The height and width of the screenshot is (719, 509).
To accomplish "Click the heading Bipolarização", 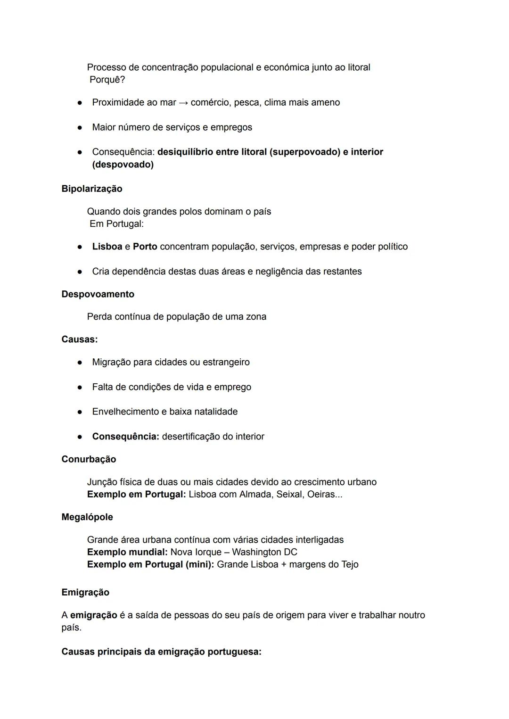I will pyautogui.click(x=91, y=189).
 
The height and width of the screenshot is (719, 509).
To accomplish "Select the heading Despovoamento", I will pyautogui.click(x=98, y=294).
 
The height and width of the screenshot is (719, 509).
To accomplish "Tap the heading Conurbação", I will pyautogui.click(x=89, y=459).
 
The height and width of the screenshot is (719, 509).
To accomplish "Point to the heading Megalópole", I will pyautogui.click(x=87, y=517).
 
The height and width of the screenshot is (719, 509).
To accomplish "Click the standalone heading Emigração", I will pyautogui.click(x=85, y=593).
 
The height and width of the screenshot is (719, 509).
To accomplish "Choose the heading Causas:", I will pyautogui.click(x=80, y=339).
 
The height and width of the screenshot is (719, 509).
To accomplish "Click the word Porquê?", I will pyautogui.click(x=107, y=80).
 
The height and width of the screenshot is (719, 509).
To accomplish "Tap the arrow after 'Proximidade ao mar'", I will pyautogui.click(x=183, y=103).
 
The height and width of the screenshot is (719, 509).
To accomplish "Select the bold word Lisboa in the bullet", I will pyautogui.click(x=107, y=247).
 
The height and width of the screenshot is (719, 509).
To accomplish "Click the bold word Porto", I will pyautogui.click(x=145, y=247).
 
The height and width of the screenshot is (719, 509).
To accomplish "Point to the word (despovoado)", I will pyautogui.click(x=123, y=165).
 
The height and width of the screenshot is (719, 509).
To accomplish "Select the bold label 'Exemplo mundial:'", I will pyautogui.click(x=127, y=552).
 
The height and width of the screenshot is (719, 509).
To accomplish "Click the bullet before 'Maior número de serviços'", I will pyautogui.click(x=80, y=128).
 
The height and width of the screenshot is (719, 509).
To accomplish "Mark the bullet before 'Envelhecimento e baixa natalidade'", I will pyautogui.click(x=80, y=412).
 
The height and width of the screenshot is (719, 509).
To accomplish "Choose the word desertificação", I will pyautogui.click(x=190, y=437).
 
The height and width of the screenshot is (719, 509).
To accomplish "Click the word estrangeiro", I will pyautogui.click(x=226, y=362).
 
